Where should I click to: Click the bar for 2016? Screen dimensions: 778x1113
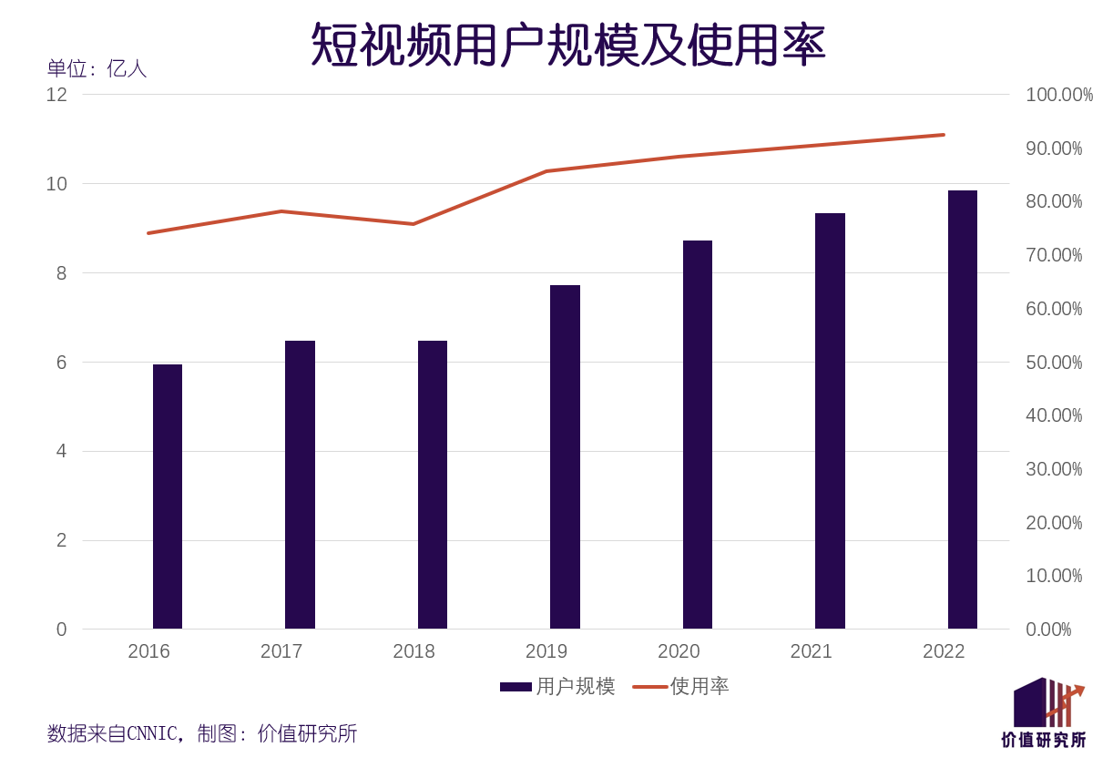[x=168, y=496]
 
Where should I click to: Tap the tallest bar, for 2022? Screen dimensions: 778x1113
[x=962, y=410]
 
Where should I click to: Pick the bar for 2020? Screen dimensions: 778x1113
[x=698, y=435]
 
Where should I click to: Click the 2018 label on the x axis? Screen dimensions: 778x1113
[x=414, y=651]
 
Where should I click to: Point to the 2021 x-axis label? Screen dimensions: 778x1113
[x=811, y=651]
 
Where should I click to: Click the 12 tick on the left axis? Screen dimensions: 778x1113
[x=56, y=95]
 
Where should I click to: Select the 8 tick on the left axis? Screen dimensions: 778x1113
[x=62, y=273]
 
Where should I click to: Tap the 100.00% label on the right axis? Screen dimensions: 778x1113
[x=1058, y=95]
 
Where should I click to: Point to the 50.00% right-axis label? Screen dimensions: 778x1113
[x=1054, y=363]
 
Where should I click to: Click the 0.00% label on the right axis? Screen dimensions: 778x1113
[x=1048, y=630]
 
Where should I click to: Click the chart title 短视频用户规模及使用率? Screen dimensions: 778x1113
[x=568, y=44]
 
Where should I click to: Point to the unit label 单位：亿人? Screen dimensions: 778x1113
[x=97, y=68]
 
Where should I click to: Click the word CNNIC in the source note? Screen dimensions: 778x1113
[x=152, y=733]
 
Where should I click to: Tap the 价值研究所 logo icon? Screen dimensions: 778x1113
[x=1047, y=702]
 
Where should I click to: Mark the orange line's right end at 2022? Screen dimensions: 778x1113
[x=944, y=135]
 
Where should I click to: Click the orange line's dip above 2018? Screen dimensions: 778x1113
[x=414, y=223]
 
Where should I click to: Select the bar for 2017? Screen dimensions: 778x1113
[x=300, y=485]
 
